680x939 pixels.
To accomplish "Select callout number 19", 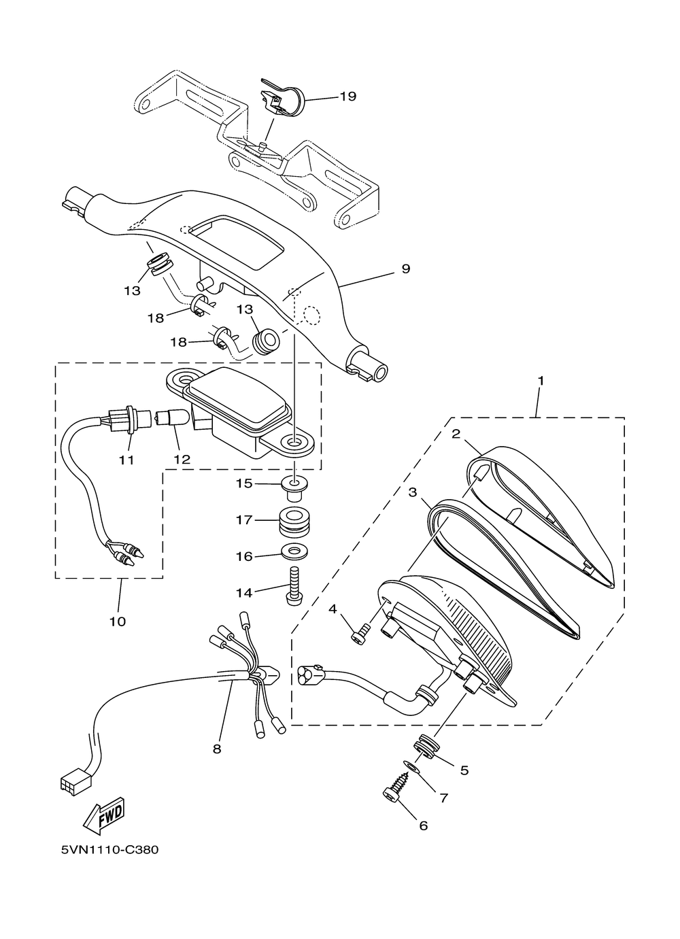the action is click(x=348, y=97).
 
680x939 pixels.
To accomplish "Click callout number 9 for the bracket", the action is click(x=405, y=269).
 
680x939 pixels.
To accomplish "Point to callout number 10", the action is click(x=118, y=621).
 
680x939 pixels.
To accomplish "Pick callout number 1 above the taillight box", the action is click(x=541, y=381).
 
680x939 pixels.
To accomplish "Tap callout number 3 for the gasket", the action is click(x=413, y=492).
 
